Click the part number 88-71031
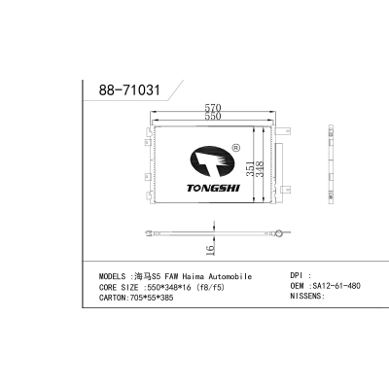[x=129, y=89]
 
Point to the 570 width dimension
[x=213, y=107]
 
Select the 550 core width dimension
[x=213, y=116]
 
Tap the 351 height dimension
[x=250, y=169]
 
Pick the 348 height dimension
[x=260, y=169]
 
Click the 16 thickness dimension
[x=210, y=249]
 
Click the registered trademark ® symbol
[x=236, y=148]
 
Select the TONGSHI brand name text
[x=213, y=188]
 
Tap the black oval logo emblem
[x=213, y=161]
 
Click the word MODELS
[x=112, y=276]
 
